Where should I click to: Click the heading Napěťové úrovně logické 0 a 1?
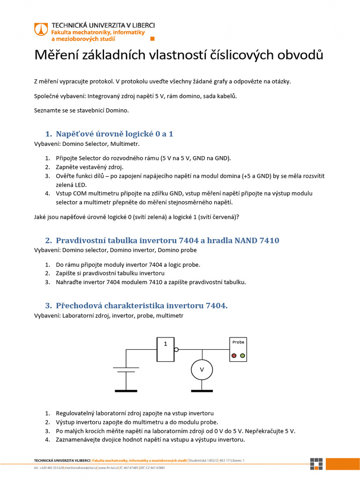coord(114,134)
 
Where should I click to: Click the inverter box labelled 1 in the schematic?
coord(165,349)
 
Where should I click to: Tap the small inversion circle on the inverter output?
coord(176,350)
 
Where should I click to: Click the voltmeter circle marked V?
coord(202,370)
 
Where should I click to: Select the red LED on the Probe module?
coord(234,356)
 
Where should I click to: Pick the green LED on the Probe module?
coord(242,356)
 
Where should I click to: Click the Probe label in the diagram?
coord(238,342)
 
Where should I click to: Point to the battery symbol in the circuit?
coord(126,370)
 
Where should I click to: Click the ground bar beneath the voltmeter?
coord(202,390)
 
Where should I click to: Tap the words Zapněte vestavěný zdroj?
coord(90,167)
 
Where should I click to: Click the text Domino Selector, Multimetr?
coord(101,143)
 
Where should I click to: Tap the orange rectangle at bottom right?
coord(343,464)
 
